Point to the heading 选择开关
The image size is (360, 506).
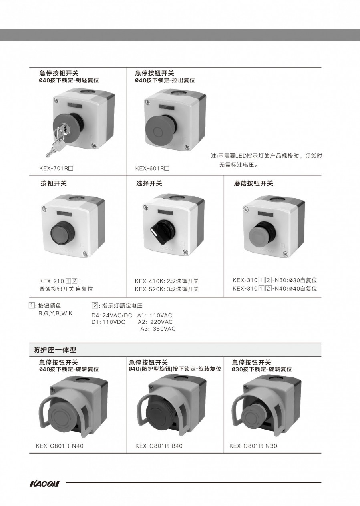149,183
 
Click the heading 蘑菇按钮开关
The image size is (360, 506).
253,183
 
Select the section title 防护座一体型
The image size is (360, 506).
55,350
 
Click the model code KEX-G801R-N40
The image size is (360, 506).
60,446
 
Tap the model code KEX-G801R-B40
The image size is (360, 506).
159,446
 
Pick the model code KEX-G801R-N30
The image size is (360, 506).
253,446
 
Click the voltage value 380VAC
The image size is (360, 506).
164,329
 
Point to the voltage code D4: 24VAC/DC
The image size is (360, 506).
112,315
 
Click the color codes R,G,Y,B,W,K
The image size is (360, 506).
55,314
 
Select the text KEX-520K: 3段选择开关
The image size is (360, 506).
167,289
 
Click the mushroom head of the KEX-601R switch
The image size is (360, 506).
157,131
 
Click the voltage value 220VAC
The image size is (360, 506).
161,322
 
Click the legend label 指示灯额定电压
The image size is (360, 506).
122,306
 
